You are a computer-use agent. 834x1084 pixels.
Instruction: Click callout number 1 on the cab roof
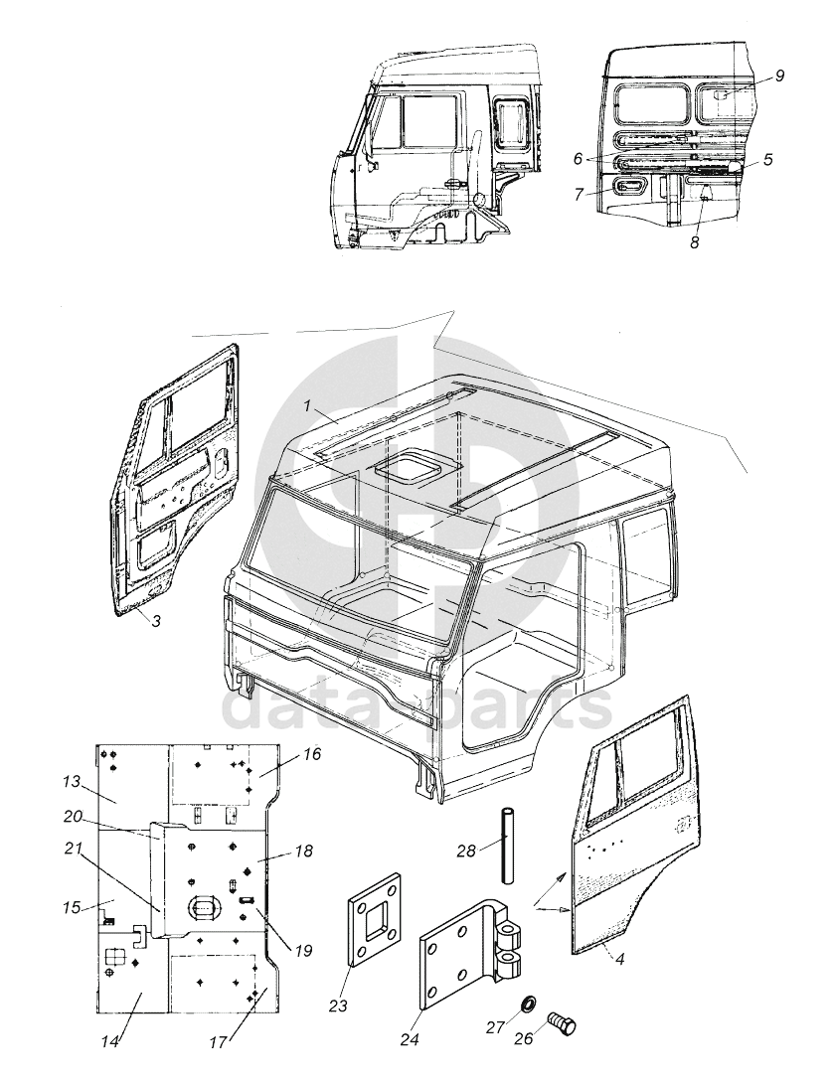(305, 406)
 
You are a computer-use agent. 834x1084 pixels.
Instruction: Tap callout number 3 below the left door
(156, 621)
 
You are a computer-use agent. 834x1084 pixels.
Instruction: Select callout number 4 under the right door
(619, 959)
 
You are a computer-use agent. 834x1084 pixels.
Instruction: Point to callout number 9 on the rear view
(779, 76)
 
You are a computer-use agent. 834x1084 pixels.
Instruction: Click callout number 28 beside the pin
(467, 852)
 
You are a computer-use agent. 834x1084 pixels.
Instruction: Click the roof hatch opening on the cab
(410, 467)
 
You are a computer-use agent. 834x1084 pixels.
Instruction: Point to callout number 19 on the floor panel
(303, 951)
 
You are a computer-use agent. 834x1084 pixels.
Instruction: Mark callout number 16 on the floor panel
(312, 753)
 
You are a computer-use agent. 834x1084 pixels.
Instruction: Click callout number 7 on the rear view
(580, 195)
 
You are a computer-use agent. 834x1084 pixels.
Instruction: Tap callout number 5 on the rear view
(767, 160)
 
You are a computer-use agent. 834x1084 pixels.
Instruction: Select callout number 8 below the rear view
(694, 242)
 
